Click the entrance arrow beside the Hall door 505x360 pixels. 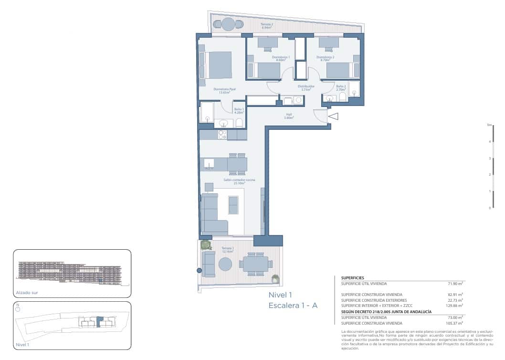coord(333,116)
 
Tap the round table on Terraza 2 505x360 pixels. coord(228,24)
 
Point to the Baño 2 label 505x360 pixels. coord(341,87)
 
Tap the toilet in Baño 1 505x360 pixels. coord(240,123)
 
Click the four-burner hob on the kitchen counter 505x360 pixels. coord(222,135)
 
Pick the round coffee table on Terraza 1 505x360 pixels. coord(225,264)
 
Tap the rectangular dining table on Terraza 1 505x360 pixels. coord(255,264)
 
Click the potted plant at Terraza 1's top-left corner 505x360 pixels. coord(206,245)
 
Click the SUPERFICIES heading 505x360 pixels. coord(352,277)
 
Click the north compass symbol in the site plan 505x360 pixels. coord(18,308)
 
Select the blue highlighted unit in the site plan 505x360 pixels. coord(99,321)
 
